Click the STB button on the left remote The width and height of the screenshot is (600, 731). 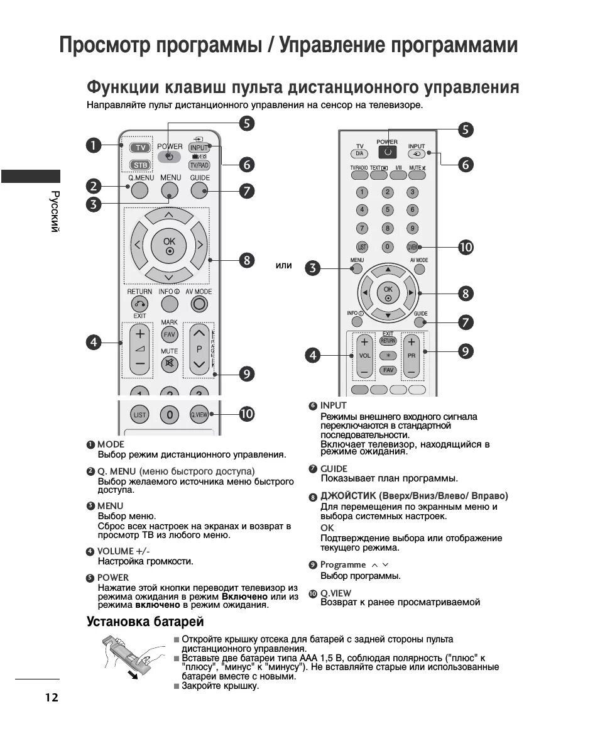(139, 165)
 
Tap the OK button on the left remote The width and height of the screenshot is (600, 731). (170, 245)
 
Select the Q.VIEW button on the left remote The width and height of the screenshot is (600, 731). (199, 415)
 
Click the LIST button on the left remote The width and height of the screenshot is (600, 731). (139, 415)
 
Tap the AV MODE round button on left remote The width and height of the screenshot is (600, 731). (200, 304)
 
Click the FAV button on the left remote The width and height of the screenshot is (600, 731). (170, 335)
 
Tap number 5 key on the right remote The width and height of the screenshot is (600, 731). (388, 210)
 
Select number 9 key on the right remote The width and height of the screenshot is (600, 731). (412, 228)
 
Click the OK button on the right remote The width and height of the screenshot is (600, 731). (388, 293)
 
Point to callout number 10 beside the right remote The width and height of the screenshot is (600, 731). (466, 247)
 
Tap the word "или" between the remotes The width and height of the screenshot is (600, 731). (284, 265)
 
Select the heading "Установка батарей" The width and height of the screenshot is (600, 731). (145, 622)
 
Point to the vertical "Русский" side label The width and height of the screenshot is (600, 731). (55, 211)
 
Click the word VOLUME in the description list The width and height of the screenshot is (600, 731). (115, 551)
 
